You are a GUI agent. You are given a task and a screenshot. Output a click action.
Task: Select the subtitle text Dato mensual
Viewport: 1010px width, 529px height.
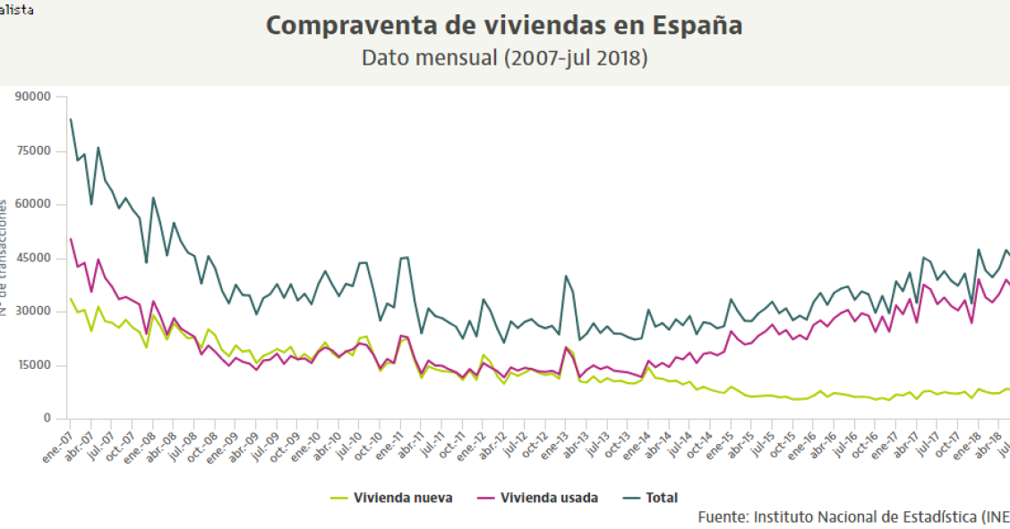(x=429, y=58)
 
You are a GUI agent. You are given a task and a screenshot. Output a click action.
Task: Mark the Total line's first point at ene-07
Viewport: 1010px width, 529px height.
(x=70, y=119)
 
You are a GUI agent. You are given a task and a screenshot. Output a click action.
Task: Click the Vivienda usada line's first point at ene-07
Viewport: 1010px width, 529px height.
(x=70, y=238)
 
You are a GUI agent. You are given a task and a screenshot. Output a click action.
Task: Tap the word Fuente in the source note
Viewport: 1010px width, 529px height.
(x=723, y=517)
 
